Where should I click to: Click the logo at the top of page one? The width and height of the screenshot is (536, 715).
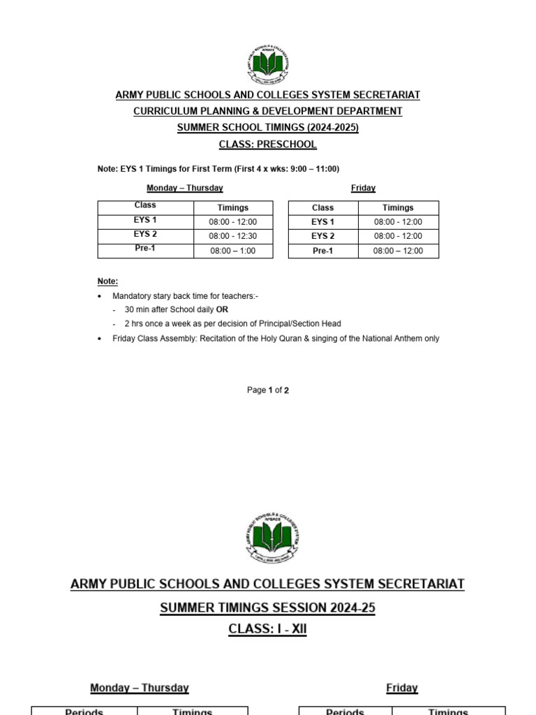(267, 65)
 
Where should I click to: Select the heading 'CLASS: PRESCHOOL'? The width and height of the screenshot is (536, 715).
(268, 145)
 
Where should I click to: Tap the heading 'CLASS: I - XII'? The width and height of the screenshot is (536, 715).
(267, 629)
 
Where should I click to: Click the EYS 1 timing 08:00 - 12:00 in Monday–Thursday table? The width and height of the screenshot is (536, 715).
(233, 222)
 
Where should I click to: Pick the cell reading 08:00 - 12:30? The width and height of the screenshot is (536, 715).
(233, 237)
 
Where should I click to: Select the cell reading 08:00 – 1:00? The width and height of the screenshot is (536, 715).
(233, 251)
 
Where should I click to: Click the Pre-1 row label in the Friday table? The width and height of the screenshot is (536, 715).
(322, 251)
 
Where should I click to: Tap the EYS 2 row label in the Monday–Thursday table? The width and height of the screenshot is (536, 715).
(145, 235)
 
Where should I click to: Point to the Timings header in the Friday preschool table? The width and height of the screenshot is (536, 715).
(398, 208)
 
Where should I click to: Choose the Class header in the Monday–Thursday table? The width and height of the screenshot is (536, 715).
(145, 205)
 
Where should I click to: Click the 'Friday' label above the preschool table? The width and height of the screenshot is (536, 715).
(363, 188)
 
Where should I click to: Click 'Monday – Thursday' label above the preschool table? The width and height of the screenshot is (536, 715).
(185, 188)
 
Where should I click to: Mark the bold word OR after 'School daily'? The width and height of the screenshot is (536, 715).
(222, 309)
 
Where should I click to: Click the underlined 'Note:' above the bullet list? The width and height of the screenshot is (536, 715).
(107, 281)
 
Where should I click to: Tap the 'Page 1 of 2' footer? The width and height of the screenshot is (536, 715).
(267, 390)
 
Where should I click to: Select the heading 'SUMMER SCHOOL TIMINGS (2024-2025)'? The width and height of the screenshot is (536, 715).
(268, 128)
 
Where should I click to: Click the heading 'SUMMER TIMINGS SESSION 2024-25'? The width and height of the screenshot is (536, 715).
(267, 608)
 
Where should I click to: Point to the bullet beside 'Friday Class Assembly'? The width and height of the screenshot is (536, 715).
(100, 339)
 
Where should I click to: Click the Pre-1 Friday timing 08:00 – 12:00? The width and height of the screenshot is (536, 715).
(398, 251)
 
